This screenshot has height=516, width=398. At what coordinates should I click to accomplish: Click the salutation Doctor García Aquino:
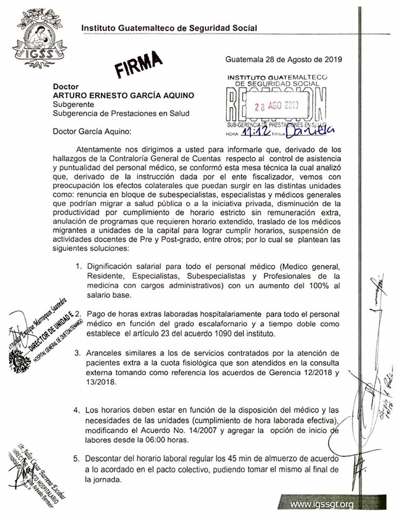(92, 131)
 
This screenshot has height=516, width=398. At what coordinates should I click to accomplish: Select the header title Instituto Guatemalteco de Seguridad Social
(169, 28)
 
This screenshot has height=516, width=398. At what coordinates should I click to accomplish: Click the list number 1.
(78, 266)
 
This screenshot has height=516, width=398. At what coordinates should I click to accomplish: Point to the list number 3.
(78, 353)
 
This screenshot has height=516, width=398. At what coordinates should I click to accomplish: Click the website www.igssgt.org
(322, 504)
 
